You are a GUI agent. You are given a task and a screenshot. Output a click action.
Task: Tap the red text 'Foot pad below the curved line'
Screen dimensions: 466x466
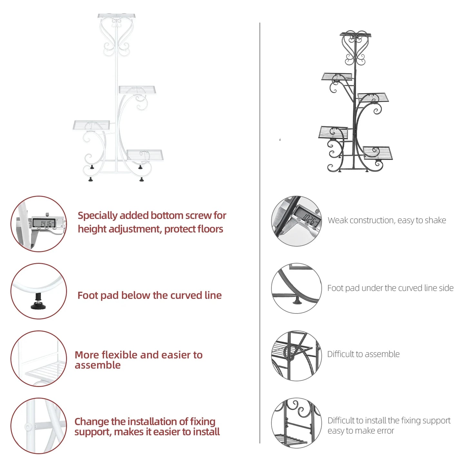point(149,295)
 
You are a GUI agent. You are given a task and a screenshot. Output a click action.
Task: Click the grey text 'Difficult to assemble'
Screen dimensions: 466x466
point(363,354)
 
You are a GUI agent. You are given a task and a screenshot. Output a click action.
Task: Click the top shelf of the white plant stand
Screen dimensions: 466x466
point(116,16)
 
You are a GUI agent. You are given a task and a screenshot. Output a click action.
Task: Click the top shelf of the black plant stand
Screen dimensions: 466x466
point(355,35)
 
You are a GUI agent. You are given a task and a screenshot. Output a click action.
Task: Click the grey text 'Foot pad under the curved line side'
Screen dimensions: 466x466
point(390,288)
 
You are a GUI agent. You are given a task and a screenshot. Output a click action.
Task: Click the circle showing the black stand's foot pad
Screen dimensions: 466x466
point(296,288)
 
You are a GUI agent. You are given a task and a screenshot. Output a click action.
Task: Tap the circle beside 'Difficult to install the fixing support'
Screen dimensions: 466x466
point(296,423)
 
